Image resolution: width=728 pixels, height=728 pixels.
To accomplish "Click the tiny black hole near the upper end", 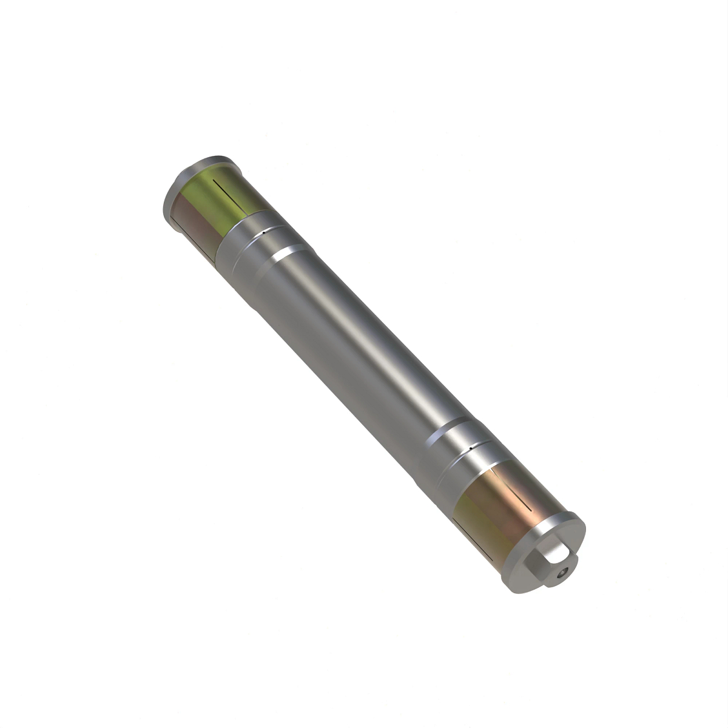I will click(x=265, y=231).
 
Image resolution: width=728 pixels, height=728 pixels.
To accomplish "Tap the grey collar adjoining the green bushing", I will click(x=243, y=243).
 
